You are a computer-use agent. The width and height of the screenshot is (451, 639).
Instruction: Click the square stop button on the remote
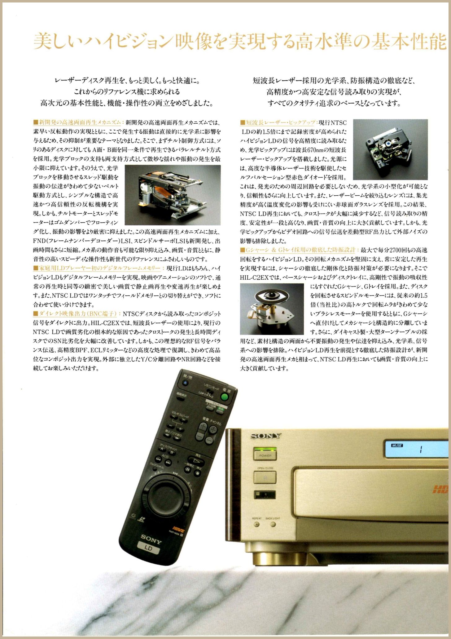[197, 473]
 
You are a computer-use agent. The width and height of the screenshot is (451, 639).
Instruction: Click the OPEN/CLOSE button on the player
[265, 477]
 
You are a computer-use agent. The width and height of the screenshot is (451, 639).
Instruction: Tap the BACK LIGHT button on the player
[273, 525]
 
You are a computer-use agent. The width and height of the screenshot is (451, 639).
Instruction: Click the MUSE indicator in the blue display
[397, 445]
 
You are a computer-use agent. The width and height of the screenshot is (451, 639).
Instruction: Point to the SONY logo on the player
[266, 436]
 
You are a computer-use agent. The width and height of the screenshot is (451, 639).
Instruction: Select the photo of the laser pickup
[390, 149]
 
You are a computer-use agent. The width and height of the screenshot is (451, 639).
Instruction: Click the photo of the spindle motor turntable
[272, 309]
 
